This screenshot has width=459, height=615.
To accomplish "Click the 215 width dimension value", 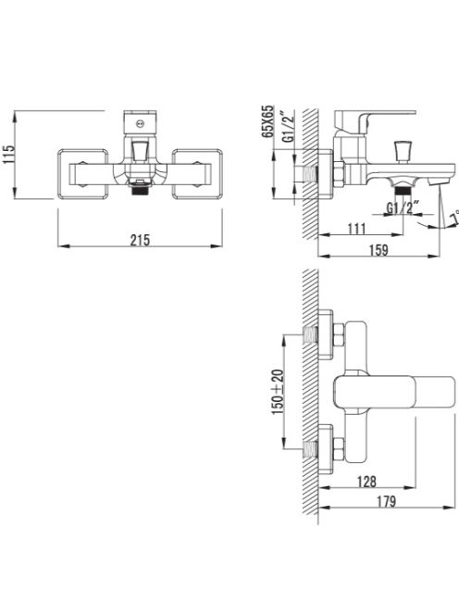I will point(139,240).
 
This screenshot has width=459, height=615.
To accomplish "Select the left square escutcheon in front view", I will point(85,172).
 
